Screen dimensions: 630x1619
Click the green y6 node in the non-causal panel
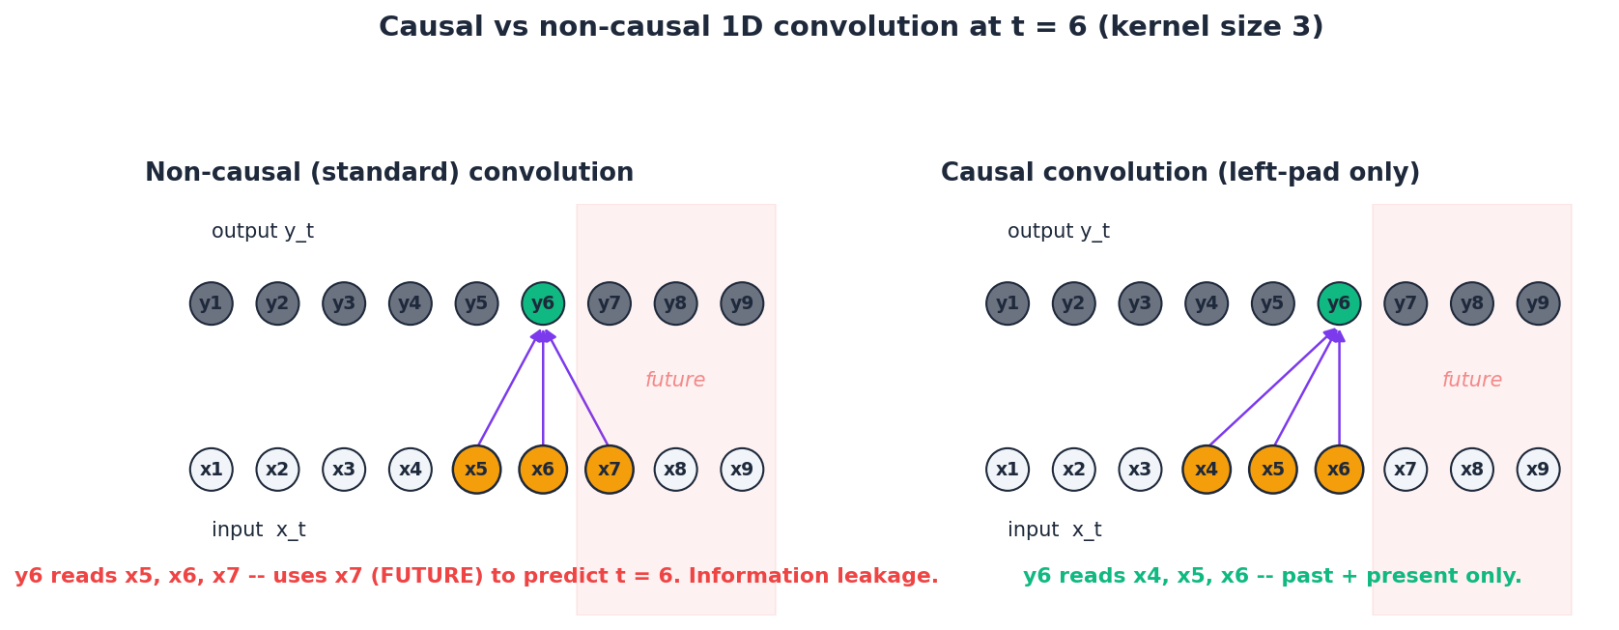point(543,303)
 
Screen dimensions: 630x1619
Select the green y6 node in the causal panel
point(1339,303)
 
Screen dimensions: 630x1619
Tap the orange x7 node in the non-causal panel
point(610,470)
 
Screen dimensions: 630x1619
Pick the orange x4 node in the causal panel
point(1207,470)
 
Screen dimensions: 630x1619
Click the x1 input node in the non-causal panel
point(212,470)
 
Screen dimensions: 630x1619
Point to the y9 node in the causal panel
point(1538,303)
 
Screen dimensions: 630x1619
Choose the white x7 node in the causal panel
point(1406,470)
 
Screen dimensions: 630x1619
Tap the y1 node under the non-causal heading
point(212,303)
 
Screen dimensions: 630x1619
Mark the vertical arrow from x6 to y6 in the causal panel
point(1339,391)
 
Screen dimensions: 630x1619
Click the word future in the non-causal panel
point(675,381)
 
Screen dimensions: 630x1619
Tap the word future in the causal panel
point(1471,381)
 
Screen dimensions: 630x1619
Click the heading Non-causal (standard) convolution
point(389,173)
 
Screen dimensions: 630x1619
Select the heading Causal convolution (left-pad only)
point(1179,173)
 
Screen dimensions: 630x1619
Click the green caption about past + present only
point(1272,577)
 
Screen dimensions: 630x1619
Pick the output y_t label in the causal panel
point(1058,232)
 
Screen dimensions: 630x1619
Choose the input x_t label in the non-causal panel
point(258,530)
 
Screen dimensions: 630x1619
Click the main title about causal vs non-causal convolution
point(850,27)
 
